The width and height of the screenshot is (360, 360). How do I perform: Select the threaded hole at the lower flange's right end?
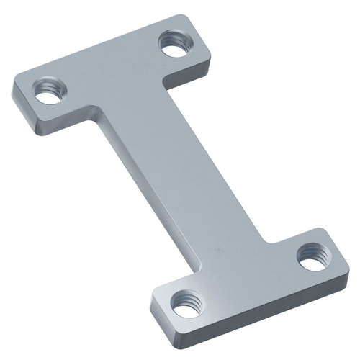[311, 256]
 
